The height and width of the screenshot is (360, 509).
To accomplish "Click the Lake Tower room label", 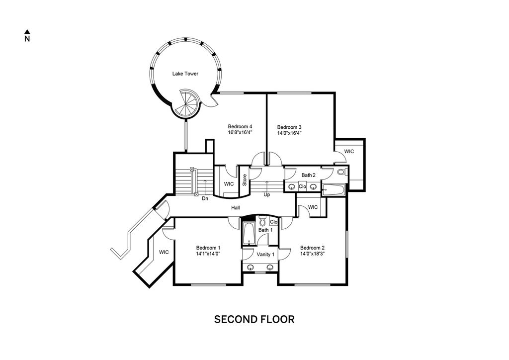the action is [185, 74].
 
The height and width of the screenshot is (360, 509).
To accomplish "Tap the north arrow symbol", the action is [27, 31].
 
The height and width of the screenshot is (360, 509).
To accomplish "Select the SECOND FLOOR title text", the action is [254, 319].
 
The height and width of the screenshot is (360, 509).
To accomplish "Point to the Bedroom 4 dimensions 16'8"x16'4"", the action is [240, 132].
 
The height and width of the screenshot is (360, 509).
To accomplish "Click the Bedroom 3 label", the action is [289, 127].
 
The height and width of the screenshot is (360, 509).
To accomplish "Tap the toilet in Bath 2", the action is [342, 172].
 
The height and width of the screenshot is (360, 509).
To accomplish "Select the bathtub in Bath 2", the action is [333, 190].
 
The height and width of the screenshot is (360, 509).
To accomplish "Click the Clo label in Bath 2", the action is [302, 186].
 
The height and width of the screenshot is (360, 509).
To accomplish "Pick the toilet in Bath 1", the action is [262, 221].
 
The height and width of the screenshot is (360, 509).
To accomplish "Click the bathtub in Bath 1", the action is [249, 234].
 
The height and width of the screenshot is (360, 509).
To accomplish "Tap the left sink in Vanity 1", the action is [251, 268].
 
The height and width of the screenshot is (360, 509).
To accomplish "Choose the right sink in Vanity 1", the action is [270, 268].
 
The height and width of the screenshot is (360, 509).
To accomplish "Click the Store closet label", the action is [245, 180].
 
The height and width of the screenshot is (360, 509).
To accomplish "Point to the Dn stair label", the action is [205, 198].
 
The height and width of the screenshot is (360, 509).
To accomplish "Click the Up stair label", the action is [266, 195].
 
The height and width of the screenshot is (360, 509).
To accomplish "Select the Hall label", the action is [235, 208].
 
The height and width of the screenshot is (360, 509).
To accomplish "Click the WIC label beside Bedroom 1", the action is [164, 252].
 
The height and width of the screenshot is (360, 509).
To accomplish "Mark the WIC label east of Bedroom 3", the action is [349, 152].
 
